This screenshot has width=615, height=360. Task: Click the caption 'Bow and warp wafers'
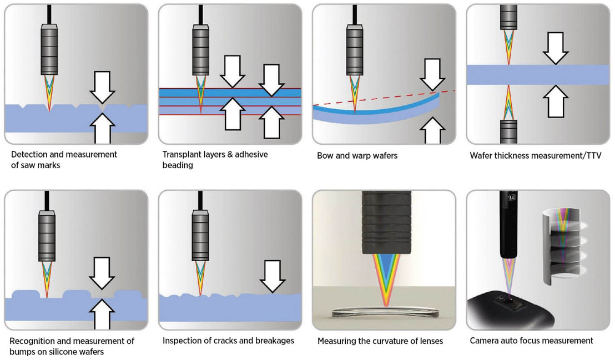tap(357, 156)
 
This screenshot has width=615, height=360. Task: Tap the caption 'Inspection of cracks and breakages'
tap(228, 341)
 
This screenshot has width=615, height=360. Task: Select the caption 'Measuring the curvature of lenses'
tap(380, 341)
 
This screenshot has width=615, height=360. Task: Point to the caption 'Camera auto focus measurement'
tap(531, 341)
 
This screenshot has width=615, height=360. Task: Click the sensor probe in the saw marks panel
tap(49, 50)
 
